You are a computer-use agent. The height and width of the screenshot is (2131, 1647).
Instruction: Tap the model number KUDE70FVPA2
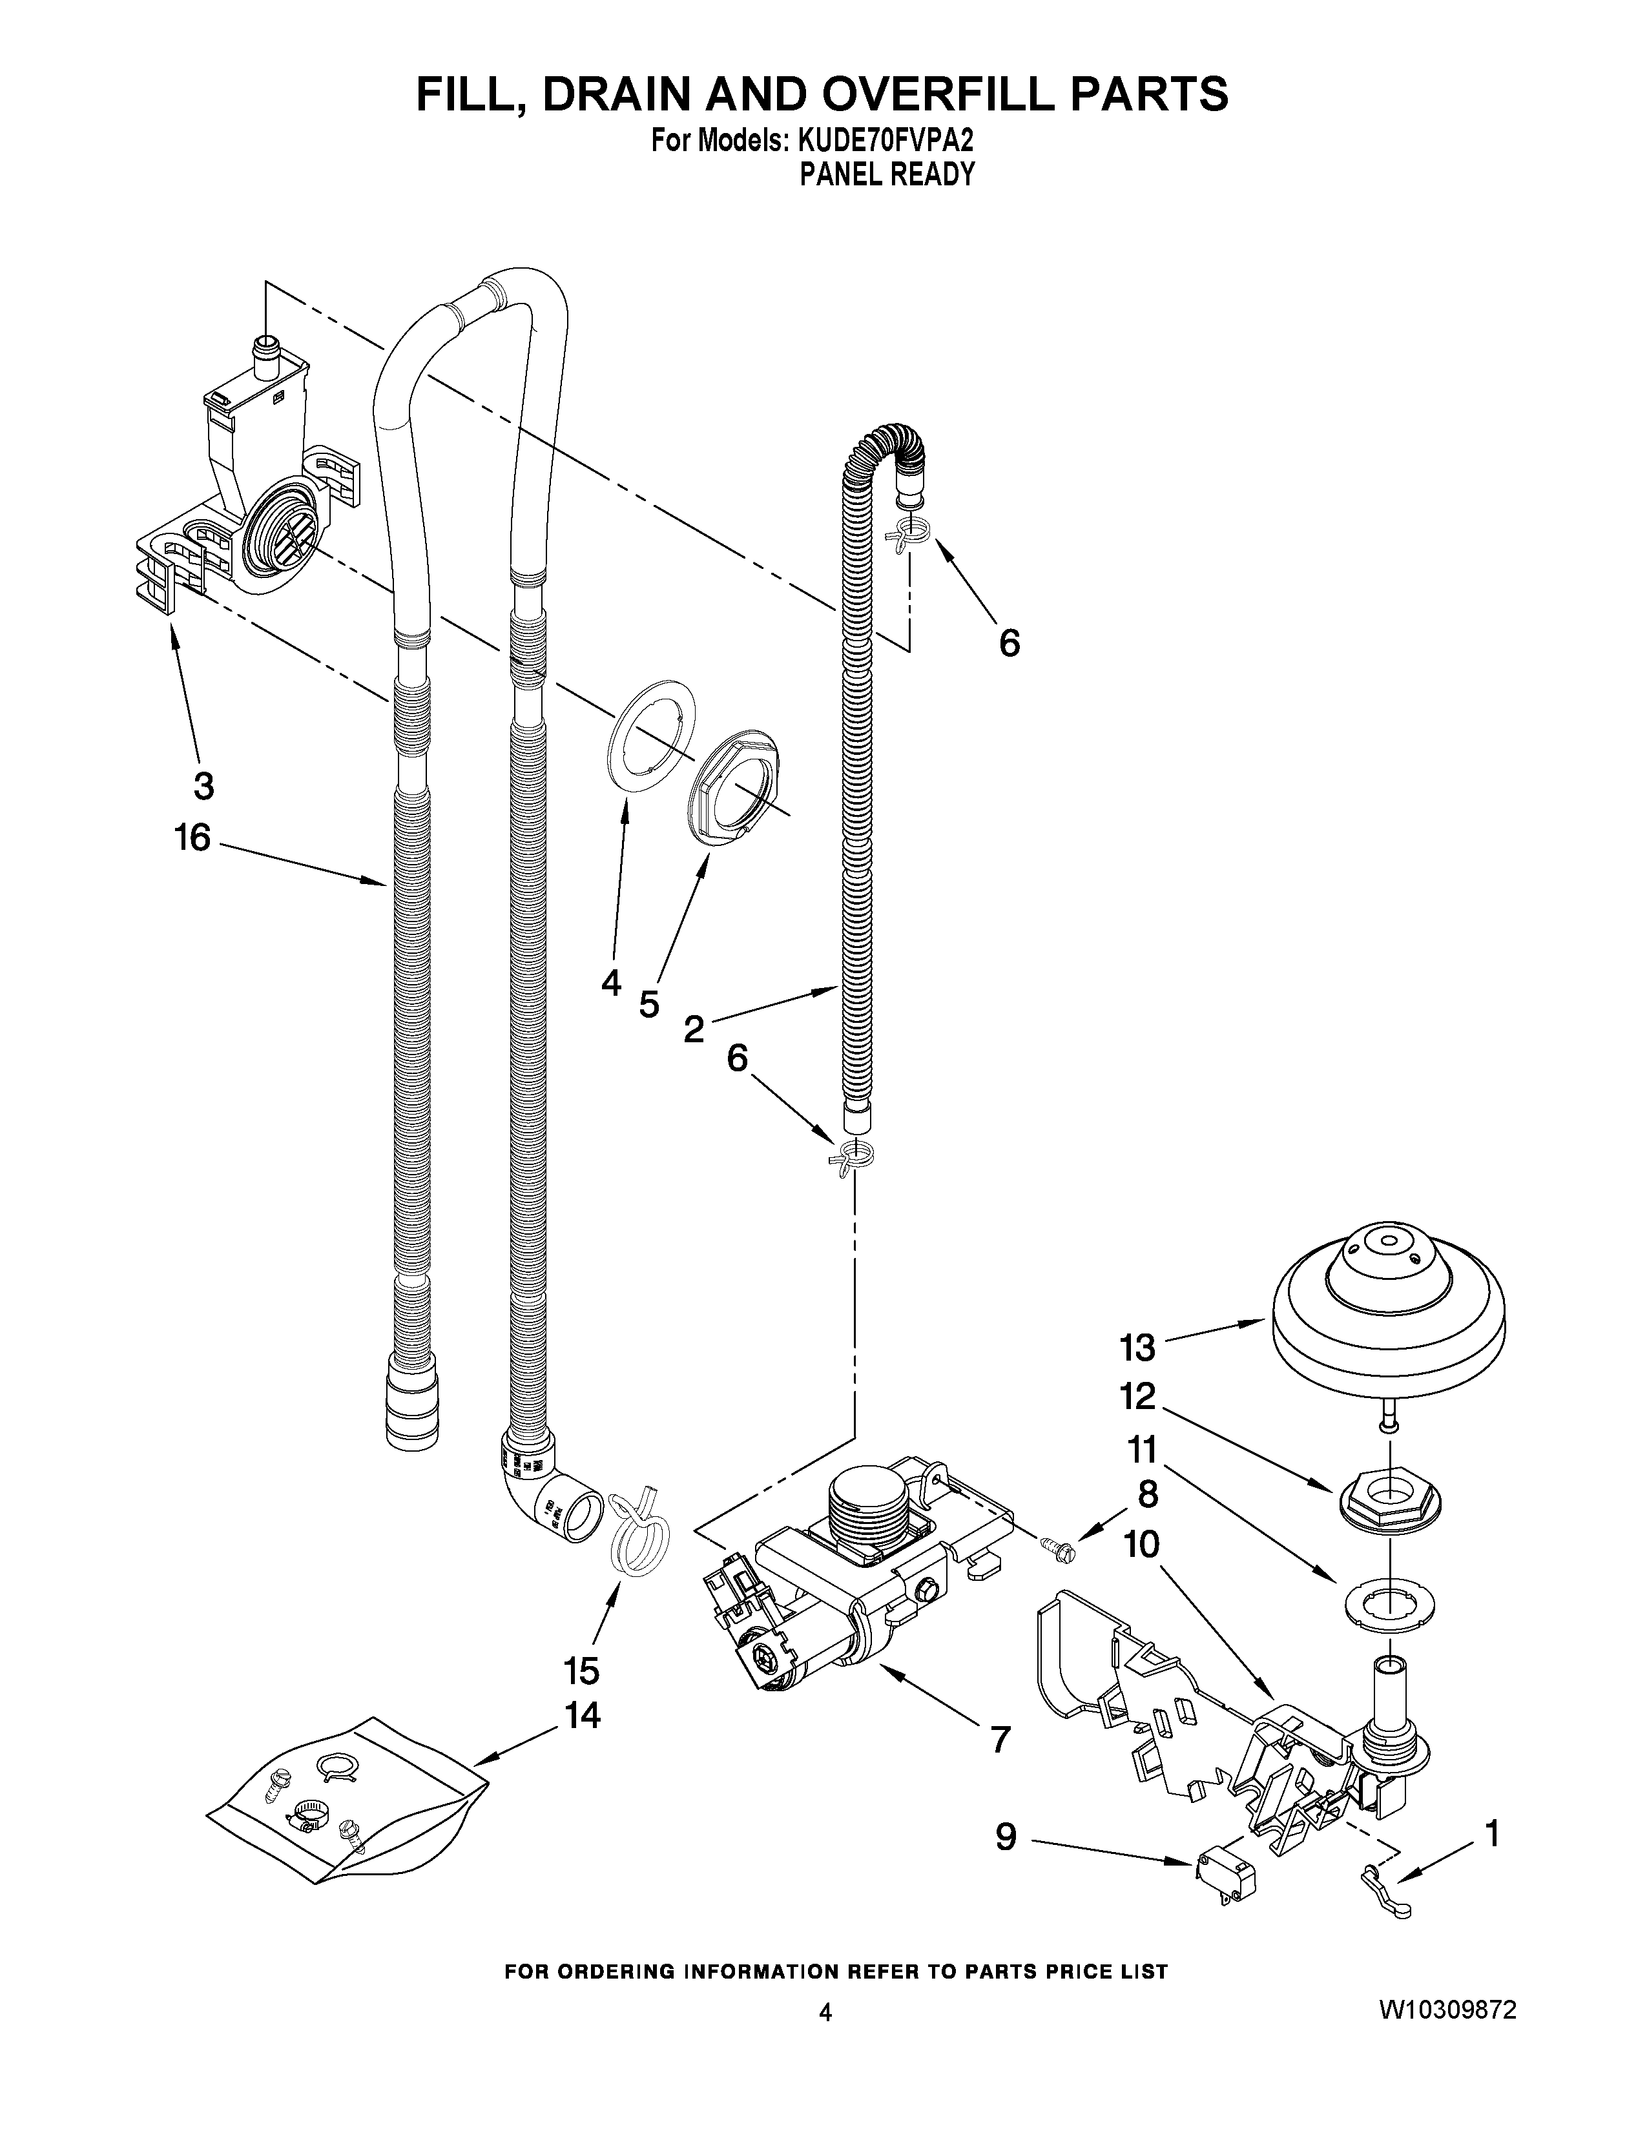885,141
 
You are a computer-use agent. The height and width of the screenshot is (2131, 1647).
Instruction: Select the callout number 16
192,837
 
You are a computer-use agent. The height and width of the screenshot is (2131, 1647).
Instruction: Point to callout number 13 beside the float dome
1137,1348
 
